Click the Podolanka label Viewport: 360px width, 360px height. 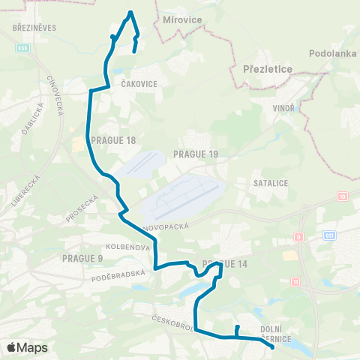pyautogui.click(x=332, y=54)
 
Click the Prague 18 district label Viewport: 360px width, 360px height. pyautogui.click(x=112, y=139)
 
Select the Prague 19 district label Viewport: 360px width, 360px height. pyautogui.click(x=195, y=154)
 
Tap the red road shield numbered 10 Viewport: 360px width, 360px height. pyautogui.click(x=343, y=196)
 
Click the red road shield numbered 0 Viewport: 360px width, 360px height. pyautogui.click(x=298, y=237)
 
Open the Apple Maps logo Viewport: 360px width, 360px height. pyautogui.click(x=27, y=348)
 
